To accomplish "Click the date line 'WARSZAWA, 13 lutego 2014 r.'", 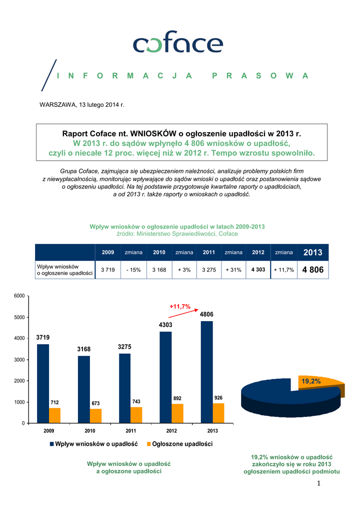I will (81, 105).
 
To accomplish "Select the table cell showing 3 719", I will (108, 270).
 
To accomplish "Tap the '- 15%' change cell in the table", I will (133, 270).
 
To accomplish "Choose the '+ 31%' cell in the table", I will (233, 270).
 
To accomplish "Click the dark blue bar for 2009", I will (43, 383).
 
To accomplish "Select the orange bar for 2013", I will (218, 413).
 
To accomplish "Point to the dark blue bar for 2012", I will (165, 377).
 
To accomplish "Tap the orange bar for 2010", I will (95, 416).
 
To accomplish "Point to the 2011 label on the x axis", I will (130, 430).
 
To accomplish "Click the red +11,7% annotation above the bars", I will (180, 306).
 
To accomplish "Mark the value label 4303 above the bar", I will (165, 325).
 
